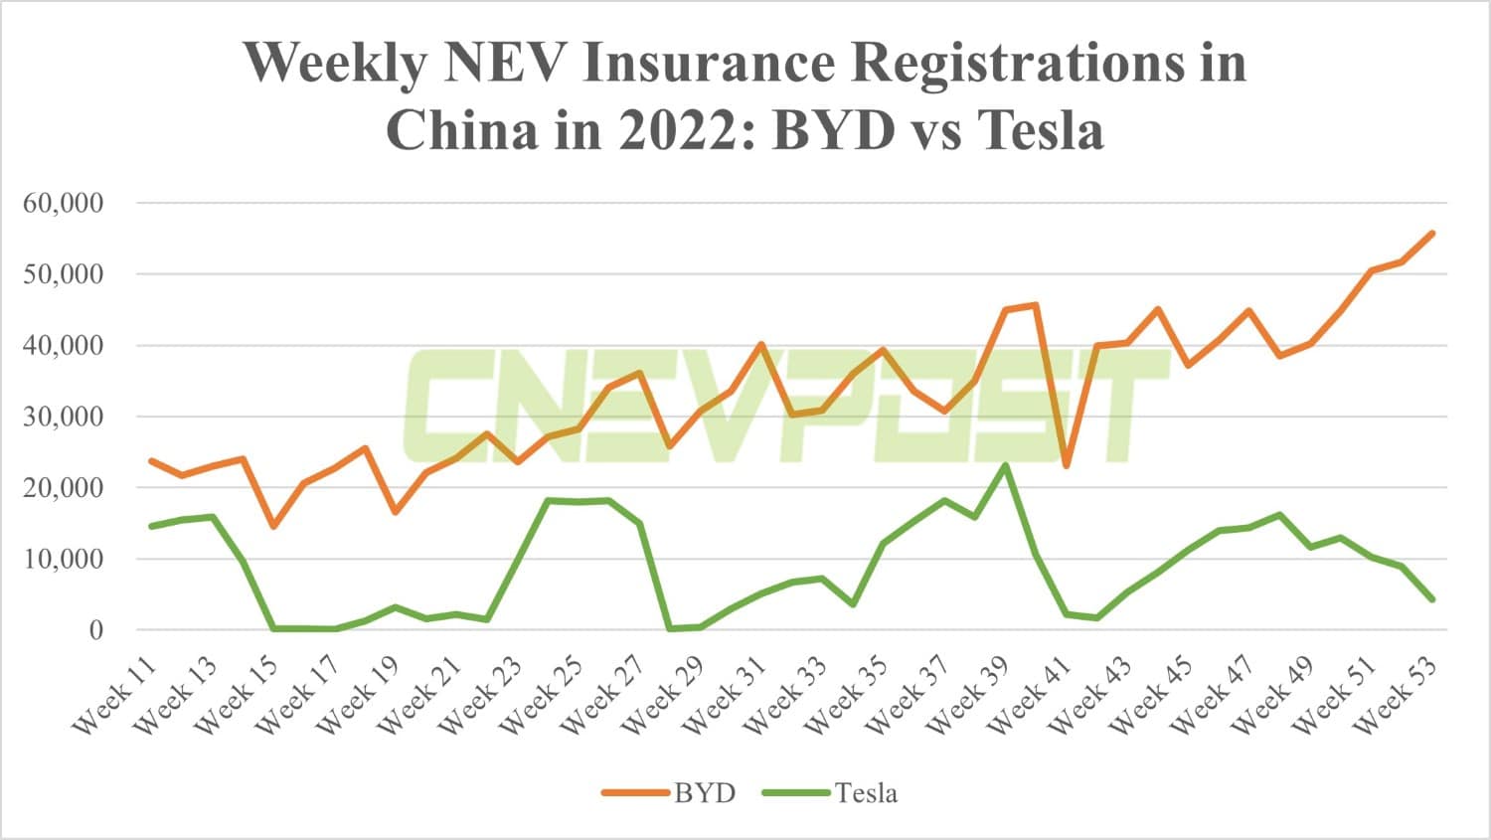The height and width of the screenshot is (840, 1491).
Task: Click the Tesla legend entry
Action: (866, 792)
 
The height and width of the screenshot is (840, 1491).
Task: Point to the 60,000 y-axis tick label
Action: (63, 203)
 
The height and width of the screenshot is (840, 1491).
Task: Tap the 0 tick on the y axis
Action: (95, 630)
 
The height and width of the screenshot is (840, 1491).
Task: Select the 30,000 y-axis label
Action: (63, 417)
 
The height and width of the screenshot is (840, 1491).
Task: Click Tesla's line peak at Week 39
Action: (1006, 465)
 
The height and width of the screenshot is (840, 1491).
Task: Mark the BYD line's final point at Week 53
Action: (1432, 234)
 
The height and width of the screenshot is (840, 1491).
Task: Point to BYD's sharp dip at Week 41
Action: (1067, 465)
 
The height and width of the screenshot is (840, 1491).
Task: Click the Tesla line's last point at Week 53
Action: (1432, 599)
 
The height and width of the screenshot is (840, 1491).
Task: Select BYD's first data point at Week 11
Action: (151, 461)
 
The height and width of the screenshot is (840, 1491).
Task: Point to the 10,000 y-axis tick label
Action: (63, 559)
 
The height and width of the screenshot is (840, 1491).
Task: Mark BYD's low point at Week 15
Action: (273, 526)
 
